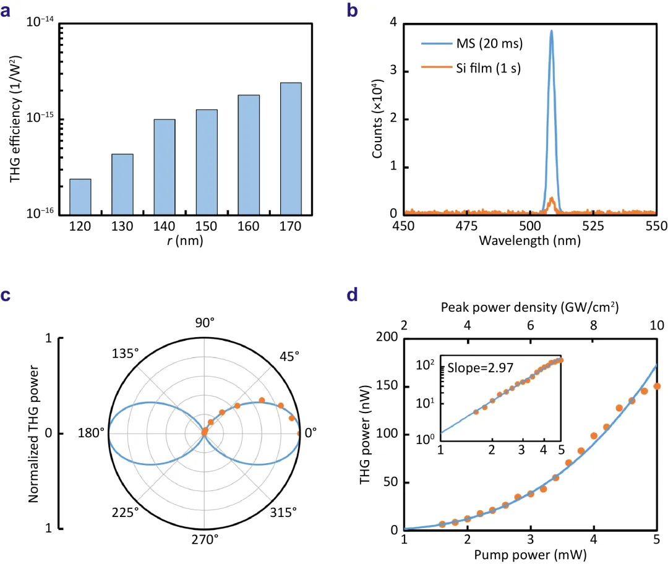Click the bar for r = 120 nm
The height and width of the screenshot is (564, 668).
pyautogui.click(x=80, y=196)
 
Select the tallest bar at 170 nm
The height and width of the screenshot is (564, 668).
pyautogui.click(x=291, y=148)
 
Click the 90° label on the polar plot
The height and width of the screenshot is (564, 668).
pyautogui.click(x=205, y=323)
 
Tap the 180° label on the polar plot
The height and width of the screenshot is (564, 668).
pyautogui.click(x=90, y=433)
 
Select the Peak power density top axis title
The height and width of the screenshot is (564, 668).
pyautogui.click(x=530, y=307)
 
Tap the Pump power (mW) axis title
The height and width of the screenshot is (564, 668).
pyautogui.click(x=530, y=554)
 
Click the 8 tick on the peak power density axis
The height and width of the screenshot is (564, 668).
pyautogui.click(x=593, y=326)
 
